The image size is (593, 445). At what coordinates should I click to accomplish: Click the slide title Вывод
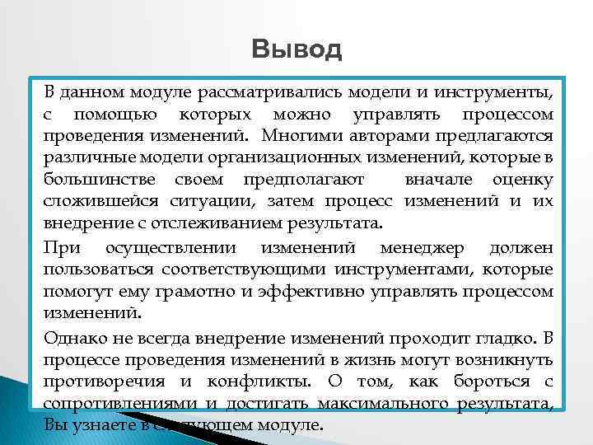coord(296,50)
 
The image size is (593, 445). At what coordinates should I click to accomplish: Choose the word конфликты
coord(253,382)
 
